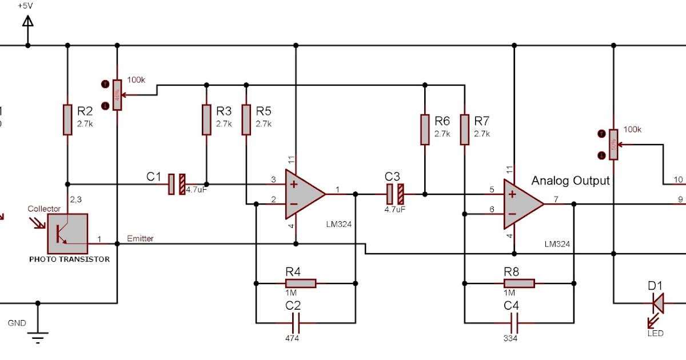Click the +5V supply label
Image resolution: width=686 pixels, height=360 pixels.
(x=25, y=5)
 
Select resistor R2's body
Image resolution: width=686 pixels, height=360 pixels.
(x=67, y=119)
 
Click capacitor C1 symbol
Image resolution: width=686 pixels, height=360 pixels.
(x=177, y=184)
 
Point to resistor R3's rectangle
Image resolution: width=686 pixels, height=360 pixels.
(x=206, y=119)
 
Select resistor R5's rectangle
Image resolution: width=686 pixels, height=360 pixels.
(x=246, y=119)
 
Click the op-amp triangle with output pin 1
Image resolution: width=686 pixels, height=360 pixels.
(x=303, y=194)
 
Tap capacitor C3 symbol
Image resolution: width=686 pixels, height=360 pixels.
(x=394, y=194)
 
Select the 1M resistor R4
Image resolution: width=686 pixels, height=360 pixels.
(x=300, y=283)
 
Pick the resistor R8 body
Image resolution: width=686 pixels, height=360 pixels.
(x=519, y=283)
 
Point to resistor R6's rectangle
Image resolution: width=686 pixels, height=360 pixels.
(x=424, y=129)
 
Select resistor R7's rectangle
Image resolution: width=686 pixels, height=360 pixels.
(x=464, y=129)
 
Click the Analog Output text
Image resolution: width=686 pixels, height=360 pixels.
(x=570, y=181)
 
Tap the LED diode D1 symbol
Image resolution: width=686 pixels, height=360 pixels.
(x=658, y=303)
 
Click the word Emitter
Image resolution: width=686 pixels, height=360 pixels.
(x=140, y=238)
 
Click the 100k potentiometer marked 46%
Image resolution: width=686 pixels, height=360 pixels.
(x=117, y=94)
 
